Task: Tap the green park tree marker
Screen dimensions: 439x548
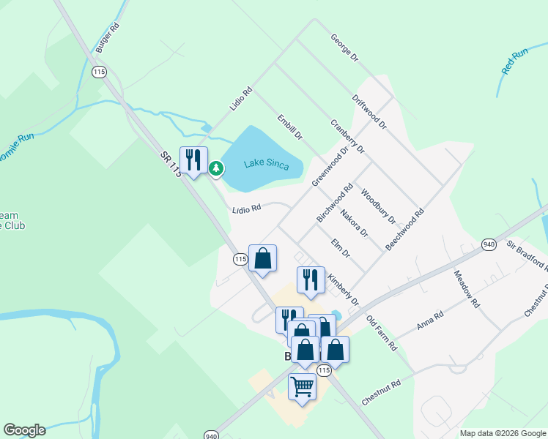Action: [216, 169]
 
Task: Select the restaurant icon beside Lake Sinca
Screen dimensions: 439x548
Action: [193, 160]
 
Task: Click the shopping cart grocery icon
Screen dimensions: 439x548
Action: [302, 386]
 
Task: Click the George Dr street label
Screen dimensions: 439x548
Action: [344, 47]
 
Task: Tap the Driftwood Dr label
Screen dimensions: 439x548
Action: [369, 112]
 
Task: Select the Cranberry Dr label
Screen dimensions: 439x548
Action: [347, 137]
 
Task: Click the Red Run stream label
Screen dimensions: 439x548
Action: [515, 61]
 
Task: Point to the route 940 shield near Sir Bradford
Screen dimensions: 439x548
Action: [489, 244]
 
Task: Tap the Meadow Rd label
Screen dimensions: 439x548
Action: [466, 289]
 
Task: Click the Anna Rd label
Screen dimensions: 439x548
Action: [430, 320]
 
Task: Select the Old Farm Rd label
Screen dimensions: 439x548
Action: [381, 334]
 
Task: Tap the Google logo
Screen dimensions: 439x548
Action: [24, 430]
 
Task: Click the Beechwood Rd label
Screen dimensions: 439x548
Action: [404, 230]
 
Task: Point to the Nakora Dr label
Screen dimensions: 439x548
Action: [353, 223]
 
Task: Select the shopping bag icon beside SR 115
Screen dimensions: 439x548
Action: [262, 258]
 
